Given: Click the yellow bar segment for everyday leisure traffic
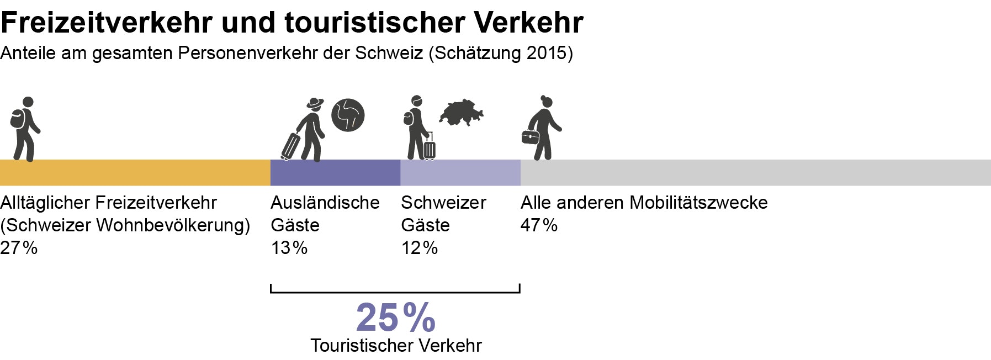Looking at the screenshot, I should click(x=135, y=172).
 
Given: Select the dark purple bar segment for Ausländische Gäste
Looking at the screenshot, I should click(x=335, y=172).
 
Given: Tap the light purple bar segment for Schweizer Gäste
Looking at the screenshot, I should click(x=460, y=172).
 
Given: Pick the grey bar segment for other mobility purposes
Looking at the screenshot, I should click(x=755, y=172).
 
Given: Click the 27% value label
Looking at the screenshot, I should click(x=19, y=248).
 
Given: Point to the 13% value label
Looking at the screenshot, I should click(x=289, y=248).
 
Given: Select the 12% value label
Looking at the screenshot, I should click(x=419, y=248).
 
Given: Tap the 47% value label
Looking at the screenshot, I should click(x=539, y=225).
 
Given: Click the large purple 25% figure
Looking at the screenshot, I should click(x=395, y=317).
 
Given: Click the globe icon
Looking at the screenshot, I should click(x=348, y=115).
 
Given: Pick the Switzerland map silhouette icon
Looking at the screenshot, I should click(x=462, y=112).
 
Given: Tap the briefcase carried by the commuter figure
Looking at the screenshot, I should click(x=530, y=137).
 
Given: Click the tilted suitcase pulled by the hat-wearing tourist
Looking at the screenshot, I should click(x=290, y=146).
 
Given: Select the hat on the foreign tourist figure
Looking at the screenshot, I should click(x=315, y=103).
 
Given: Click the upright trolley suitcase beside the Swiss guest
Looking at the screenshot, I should click(x=430, y=149).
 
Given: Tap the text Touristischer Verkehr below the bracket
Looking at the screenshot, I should click(x=396, y=346).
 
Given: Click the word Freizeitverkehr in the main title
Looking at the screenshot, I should click(x=107, y=22).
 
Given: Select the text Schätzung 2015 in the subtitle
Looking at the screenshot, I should click(x=501, y=53).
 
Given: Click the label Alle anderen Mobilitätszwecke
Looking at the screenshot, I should click(x=644, y=203).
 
